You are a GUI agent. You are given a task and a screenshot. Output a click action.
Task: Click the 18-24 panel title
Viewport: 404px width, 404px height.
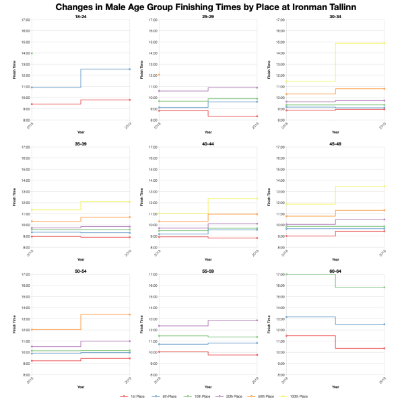(x=81, y=16)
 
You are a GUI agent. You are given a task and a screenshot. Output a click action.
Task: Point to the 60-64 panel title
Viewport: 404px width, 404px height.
(x=335, y=271)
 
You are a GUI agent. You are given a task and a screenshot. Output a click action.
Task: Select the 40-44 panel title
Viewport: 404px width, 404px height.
(x=208, y=143)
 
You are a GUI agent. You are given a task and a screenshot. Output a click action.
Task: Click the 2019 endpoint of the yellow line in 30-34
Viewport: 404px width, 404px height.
(x=384, y=43)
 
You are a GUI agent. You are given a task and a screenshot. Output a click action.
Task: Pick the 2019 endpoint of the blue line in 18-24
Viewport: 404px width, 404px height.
(x=130, y=69)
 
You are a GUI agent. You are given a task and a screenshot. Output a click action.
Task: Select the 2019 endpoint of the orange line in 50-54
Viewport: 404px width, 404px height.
(x=130, y=314)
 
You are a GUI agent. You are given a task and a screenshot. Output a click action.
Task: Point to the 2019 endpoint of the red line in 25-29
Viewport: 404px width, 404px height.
(x=257, y=116)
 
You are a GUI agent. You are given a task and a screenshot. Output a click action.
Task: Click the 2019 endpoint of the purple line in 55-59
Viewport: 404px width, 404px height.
(x=257, y=321)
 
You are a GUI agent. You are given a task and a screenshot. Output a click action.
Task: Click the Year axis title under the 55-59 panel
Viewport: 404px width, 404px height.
(x=208, y=386)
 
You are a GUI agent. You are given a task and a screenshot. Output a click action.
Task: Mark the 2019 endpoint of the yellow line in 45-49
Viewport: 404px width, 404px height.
(x=384, y=186)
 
